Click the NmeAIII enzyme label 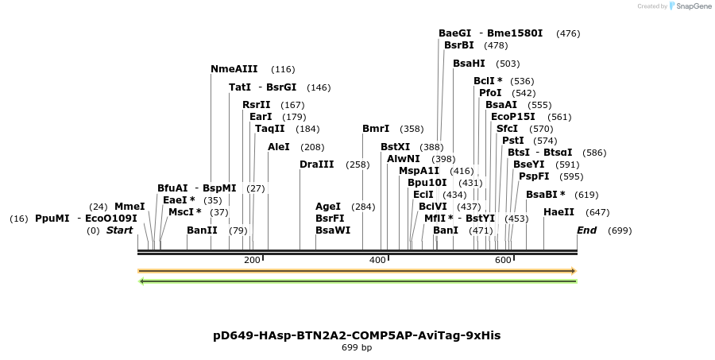(234, 69)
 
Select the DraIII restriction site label (317, 165)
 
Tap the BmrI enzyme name (376, 129)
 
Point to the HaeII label (558, 212)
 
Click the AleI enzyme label (279, 147)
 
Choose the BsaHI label (469, 64)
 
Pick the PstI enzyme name (512, 141)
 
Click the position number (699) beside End (620, 230)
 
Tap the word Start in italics (120, 230)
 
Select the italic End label (586, 230)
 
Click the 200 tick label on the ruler (252, 261)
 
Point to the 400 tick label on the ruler (377, 261)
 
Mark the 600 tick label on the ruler (503, 261)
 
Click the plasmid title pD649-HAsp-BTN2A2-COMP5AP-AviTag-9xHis (357, 335)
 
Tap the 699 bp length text (357, 347)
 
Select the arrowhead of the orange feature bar (573, 271)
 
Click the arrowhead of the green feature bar (141, 281)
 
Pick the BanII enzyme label (202, 230)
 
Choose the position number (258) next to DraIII (357, 165)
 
